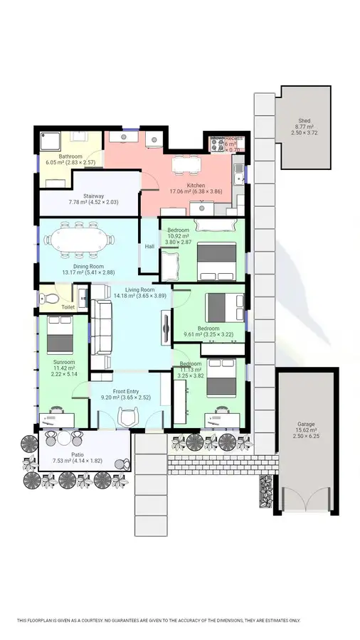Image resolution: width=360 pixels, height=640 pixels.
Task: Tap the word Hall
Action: pos(149,246)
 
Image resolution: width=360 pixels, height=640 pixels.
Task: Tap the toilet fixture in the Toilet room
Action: pos(47,296)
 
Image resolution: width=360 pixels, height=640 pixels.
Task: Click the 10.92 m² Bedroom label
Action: pos(178,235)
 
